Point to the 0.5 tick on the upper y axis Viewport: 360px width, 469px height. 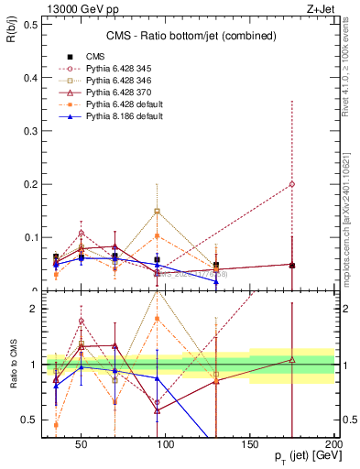coord(31,24)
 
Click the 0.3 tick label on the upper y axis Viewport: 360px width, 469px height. coord(31,131)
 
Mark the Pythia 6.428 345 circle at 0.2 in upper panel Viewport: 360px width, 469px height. coord(292,184)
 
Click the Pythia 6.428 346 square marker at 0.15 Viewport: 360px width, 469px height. coord(158,211)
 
